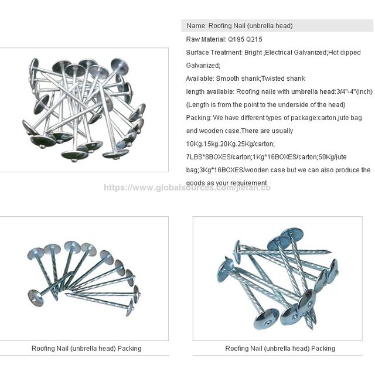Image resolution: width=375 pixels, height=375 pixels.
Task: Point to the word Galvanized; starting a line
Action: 203,65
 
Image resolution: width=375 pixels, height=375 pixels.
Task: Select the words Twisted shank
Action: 283,79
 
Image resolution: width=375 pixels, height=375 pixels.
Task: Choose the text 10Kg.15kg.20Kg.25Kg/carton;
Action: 230,144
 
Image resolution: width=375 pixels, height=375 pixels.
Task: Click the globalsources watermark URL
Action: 187,187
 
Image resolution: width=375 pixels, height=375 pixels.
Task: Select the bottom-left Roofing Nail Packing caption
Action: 87,349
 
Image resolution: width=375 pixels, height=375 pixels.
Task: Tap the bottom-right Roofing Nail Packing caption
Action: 280,349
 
